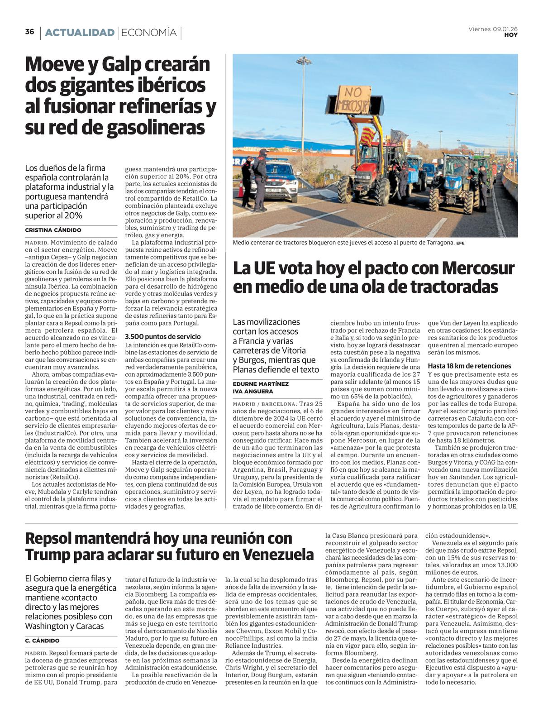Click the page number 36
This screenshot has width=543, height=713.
29,32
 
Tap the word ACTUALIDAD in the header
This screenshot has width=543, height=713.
80,33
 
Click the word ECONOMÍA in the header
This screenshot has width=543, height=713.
149,33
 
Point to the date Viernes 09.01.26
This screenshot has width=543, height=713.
493,29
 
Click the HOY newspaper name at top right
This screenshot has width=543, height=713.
511,35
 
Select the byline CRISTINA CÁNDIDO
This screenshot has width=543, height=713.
53,230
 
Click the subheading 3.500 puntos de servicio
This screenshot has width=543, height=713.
162,336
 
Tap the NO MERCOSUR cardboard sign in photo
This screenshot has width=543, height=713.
353,100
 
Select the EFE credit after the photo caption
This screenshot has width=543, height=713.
460,243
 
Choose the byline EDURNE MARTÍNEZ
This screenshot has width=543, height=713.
261,384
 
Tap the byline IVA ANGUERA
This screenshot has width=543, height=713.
253,391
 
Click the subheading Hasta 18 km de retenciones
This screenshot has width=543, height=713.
469,366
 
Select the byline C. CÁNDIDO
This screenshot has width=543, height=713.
42,641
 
